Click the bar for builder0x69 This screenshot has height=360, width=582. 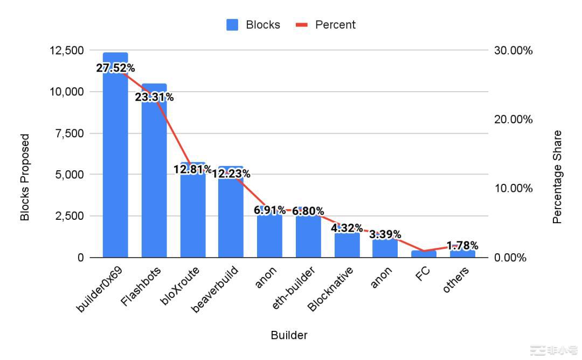pos(115,162)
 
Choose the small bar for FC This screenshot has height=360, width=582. pos(424,254)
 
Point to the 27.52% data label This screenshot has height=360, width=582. pos(115,68)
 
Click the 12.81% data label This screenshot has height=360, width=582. pos(192,170)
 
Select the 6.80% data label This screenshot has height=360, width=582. pos(308,211)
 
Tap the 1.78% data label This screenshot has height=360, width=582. pos(462,246)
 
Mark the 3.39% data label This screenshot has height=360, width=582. pos(385,234)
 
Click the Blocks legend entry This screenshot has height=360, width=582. pos(253,25)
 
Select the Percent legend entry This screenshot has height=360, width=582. pos(325,25)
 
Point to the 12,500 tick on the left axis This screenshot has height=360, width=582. pos(66,51)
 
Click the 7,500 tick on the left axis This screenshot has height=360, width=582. pos(70,133)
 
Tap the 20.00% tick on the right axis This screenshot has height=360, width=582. pos(513,119)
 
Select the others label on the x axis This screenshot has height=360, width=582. pos(456,280)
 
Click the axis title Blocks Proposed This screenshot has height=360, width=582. pos(25,177)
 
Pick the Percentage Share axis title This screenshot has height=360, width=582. pos(557,177)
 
